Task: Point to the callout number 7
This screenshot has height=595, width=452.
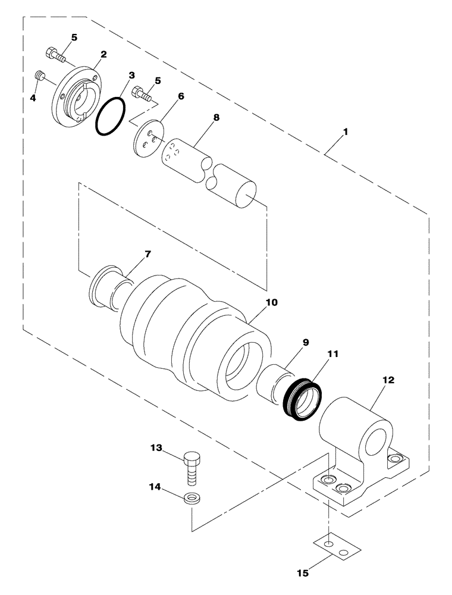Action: (x=147, y=254)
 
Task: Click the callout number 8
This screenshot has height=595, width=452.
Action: (x=216, y=117)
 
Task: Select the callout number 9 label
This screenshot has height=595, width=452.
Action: (x=305, y=342)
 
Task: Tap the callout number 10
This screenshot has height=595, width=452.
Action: (x=271, y=302)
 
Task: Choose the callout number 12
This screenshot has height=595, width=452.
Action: (x=388, y=379)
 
